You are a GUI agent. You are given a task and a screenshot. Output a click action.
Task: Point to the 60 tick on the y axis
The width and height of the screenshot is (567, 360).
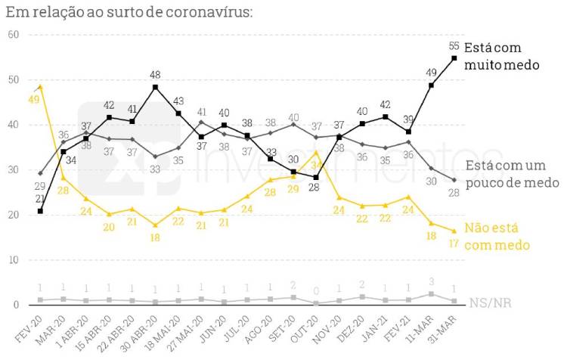click(13, 36)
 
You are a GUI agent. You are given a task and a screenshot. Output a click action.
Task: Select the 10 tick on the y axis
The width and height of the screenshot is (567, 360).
click(13, 260)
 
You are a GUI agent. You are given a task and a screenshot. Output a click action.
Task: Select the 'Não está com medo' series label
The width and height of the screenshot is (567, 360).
click(497, 235)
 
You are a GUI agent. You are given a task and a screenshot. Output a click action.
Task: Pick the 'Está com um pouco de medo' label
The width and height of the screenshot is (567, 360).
click(512, 174)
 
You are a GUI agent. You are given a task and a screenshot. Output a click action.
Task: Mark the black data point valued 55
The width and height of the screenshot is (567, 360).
click(454, 58)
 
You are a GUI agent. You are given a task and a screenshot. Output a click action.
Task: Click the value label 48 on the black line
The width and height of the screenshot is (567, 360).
click(154, 76)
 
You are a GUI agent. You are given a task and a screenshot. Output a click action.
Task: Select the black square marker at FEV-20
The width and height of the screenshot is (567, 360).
click(40, 210)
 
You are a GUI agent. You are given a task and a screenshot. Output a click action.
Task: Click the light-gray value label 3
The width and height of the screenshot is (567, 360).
click(431, 282)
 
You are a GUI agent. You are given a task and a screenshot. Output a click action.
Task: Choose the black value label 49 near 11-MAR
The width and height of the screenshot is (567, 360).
click(432, 73)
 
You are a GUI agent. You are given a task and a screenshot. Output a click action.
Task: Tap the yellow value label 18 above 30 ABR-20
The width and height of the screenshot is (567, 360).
click(154, 237)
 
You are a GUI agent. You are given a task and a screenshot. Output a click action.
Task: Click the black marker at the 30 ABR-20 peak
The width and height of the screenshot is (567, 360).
click(155, 88)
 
